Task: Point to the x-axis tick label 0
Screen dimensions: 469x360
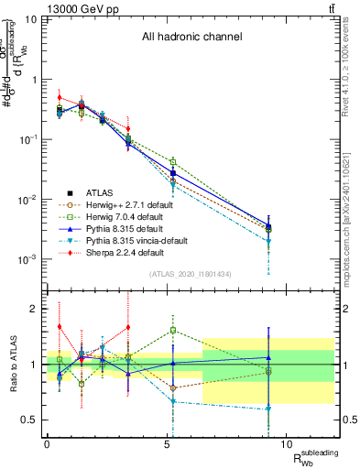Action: click(47, 444)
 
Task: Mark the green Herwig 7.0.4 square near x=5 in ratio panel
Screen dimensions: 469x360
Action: click(173, 331)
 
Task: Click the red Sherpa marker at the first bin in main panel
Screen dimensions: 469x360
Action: click(60, 97)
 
